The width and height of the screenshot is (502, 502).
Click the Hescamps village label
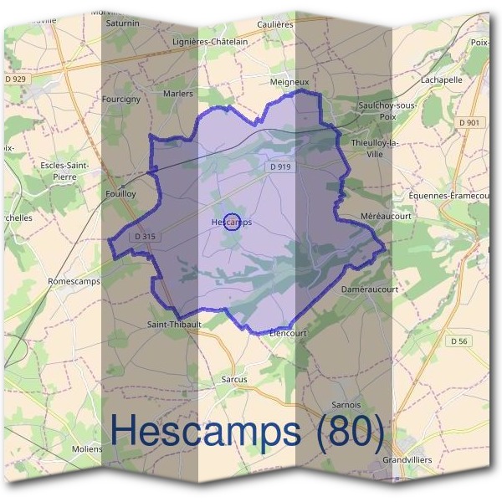(x=232, y=223)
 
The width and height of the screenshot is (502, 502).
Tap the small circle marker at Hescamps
(x=234, y=222)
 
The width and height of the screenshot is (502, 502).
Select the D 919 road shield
(x=280, y=167)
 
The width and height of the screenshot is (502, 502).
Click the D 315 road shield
(x=144, y=237)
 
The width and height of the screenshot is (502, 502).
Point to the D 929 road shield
(x=16, y=78)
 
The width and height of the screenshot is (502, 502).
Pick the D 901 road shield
(x=471, y=123)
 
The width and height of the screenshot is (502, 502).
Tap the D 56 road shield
(x=458, y=341)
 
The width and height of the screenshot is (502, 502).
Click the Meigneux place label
(x=290, y=82)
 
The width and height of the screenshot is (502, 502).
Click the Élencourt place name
(x=289, y=332)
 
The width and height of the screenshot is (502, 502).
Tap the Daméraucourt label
(x=370, y=289)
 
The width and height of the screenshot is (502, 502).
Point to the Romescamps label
(x=74, y=281)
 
